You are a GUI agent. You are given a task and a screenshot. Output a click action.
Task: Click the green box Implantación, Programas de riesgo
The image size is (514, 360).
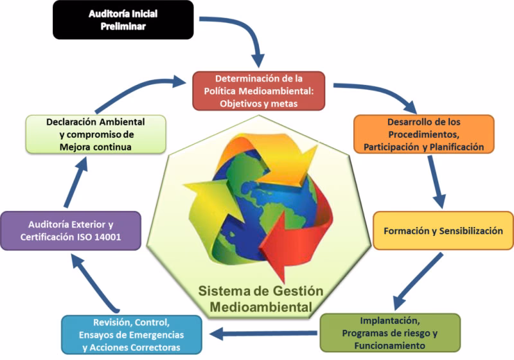click(x=389, y=332)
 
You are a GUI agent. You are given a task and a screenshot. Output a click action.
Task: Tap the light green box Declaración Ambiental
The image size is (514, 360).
click(x=96, y=134)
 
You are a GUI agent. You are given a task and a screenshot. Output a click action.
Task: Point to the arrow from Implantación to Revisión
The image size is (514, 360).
click(x=263, y=332)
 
